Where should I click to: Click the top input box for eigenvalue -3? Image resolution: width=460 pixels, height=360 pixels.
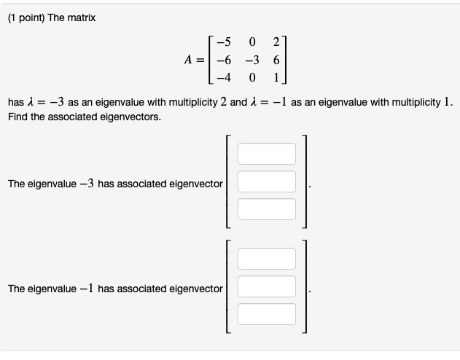[x=267, y=154]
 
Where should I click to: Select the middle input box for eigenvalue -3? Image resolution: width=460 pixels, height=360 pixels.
[x=267, y=181]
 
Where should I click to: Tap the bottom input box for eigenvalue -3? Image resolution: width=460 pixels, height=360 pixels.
[x=267, y=208]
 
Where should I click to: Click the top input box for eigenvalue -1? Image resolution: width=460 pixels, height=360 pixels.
[x=267, y=259]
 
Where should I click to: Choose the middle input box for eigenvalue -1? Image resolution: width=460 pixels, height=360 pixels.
[x=267, y=286]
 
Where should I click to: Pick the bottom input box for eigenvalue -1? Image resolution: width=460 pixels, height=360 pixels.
[x=267, y=313]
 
